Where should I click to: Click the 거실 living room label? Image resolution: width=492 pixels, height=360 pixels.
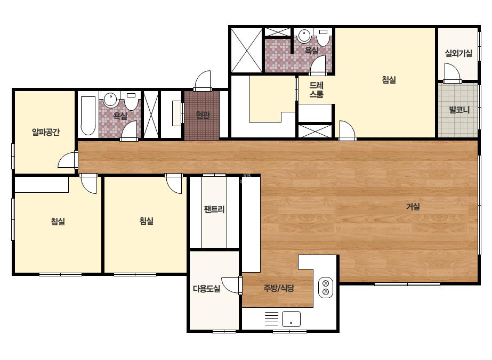click(x=413, y=207)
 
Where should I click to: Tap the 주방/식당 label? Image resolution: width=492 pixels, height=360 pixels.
click(x=279, y=288)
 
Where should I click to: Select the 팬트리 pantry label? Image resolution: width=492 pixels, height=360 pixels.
click(x=214, y=209)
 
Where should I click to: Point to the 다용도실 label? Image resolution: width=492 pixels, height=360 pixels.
click(x=206, y=289)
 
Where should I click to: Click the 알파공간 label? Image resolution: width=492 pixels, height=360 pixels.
click(x=46, y=132)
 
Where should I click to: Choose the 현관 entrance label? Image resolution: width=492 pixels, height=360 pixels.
click(x=203, y=115)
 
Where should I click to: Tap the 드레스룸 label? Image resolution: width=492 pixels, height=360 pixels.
click(x=316, y=89)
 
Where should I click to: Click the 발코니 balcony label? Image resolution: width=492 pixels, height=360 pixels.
click(x=459, y=110)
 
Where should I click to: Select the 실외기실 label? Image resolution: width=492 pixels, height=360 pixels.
click(x=459, y=53)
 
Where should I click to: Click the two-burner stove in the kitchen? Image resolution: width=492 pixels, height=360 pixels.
click(x=326, y=288)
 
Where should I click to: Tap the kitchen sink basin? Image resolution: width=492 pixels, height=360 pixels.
click(x=291, y=319)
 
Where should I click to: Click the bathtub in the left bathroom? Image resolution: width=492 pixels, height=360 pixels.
click(x=88, y=116)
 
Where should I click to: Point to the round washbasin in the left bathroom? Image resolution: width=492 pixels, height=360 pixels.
click(x=110, y=100)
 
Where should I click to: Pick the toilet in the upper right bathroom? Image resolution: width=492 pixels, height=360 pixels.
click(x=323, y=37)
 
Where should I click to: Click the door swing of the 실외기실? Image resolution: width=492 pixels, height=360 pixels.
click(x=452, y=73)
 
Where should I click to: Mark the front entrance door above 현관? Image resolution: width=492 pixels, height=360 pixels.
click(x=203, y=80)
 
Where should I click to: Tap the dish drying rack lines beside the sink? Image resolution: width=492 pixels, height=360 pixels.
click(x=272, y=319)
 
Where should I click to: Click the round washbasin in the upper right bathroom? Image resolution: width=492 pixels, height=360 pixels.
click(x=304, y=36)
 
